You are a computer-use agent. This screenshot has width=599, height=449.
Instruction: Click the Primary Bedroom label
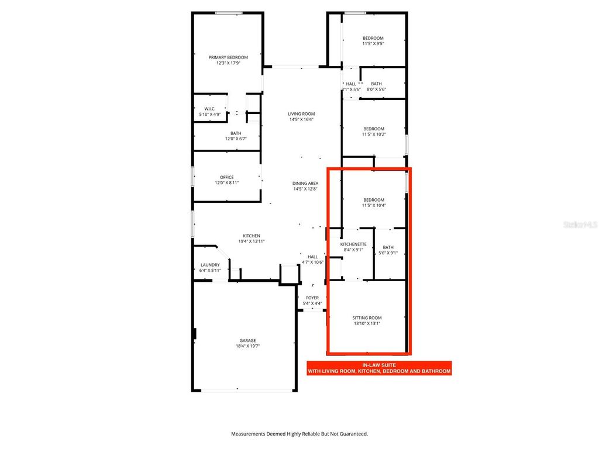(x=228, y=57)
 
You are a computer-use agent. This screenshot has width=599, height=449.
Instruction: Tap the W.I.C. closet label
(x=210, y=109)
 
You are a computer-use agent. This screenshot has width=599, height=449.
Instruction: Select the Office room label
(x=227, y=177)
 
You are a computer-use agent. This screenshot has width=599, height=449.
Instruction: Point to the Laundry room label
(x=209, y=265)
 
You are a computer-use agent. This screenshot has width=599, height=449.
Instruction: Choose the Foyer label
(x=312, y=298)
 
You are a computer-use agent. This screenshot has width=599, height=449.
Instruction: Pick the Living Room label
(x=301, y=114)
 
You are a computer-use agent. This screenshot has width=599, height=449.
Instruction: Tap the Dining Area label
(x=305, y=184)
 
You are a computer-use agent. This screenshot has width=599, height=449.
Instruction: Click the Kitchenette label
(x=353, y=244)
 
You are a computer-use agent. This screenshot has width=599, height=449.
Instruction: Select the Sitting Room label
(x=367, y=317)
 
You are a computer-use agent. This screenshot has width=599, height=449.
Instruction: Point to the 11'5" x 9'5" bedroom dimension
(x=373, y=43)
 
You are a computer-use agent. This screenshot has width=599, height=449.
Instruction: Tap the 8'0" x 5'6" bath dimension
(x=376, y=89)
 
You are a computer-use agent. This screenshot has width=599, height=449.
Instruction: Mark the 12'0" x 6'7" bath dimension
(x=228, y=139)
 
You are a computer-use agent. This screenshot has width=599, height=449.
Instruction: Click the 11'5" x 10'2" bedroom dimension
(x=374, y=134)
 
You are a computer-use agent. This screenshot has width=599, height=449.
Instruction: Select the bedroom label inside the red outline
(x=374, y=200)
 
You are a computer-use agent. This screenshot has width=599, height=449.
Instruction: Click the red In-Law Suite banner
(x=379, y=368)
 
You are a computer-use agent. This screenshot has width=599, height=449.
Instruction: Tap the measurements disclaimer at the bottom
(x=299, y=434)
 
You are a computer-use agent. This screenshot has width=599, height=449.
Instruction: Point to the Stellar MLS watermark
(x=580, y=224)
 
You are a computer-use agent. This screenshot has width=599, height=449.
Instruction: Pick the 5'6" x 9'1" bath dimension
(x=388, y=253)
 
